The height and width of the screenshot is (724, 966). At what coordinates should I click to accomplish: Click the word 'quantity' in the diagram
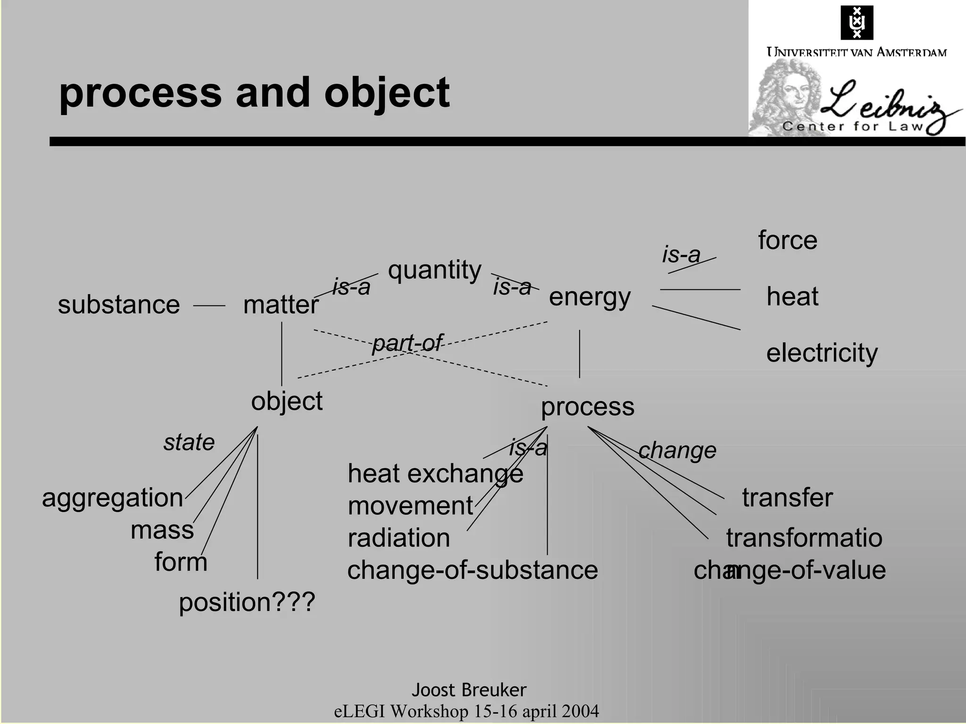pyautogui.click(x=434, y=271)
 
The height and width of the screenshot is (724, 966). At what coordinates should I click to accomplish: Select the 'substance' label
pyautogui.click(x=118, y=304)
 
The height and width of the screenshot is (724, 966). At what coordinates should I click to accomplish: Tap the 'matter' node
pyautogui.click(x=281, y=304)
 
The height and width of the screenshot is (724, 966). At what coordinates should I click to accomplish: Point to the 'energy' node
pyautogui.click(x=590, y=297)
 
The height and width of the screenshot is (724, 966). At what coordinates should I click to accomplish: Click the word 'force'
pyautogui.click(x=787, y=240)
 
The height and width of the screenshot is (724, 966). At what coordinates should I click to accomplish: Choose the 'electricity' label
pyautogui.click(x=822, y=353)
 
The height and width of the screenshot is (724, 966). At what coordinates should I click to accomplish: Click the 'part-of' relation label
pyautogui.click(x=407, y=343)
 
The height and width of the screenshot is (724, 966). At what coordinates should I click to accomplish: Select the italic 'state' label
pyautogui.click(x=189, y=442)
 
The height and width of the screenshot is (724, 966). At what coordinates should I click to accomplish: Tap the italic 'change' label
pyautogui.click(x=677, y=450)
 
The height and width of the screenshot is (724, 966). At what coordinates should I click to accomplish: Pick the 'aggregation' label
pyautogui.click(x=112, y=498)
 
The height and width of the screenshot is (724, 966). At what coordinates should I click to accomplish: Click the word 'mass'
pyautogui.click(x=162, y=530)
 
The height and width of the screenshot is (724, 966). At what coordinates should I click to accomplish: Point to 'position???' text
pyautogui.click(x=247, y=602)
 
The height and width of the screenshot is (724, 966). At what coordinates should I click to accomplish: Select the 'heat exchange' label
pyautogui.click(x=435, y=473)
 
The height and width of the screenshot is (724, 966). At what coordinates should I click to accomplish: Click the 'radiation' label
pyautogui.click(x=399, y=538)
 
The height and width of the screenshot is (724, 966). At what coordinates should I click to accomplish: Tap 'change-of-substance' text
pyautogui.click(x=472, y=570)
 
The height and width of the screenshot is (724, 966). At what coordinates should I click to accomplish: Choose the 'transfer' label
pyautogui.click(x=787, y=498)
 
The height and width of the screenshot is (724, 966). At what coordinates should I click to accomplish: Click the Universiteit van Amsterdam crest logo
pyautogui.click(x=857, y=23)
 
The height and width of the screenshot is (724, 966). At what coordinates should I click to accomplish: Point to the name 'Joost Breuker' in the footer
pyautogui.click(x=469, y=690)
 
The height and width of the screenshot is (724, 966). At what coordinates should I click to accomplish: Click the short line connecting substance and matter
pyautogui.click(x=209, y=306)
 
